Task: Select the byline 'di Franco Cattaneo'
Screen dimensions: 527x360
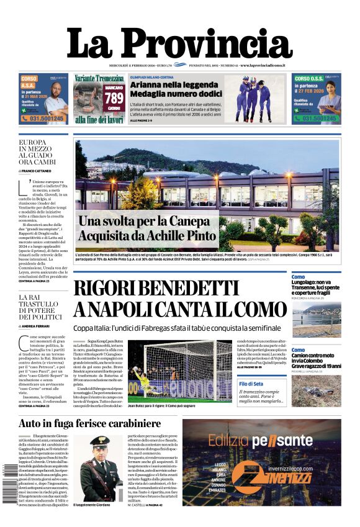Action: pos(37,170)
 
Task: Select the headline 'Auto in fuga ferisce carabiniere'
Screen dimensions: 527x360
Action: pos(90,424)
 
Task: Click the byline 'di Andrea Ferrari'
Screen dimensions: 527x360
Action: pos(36,325)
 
